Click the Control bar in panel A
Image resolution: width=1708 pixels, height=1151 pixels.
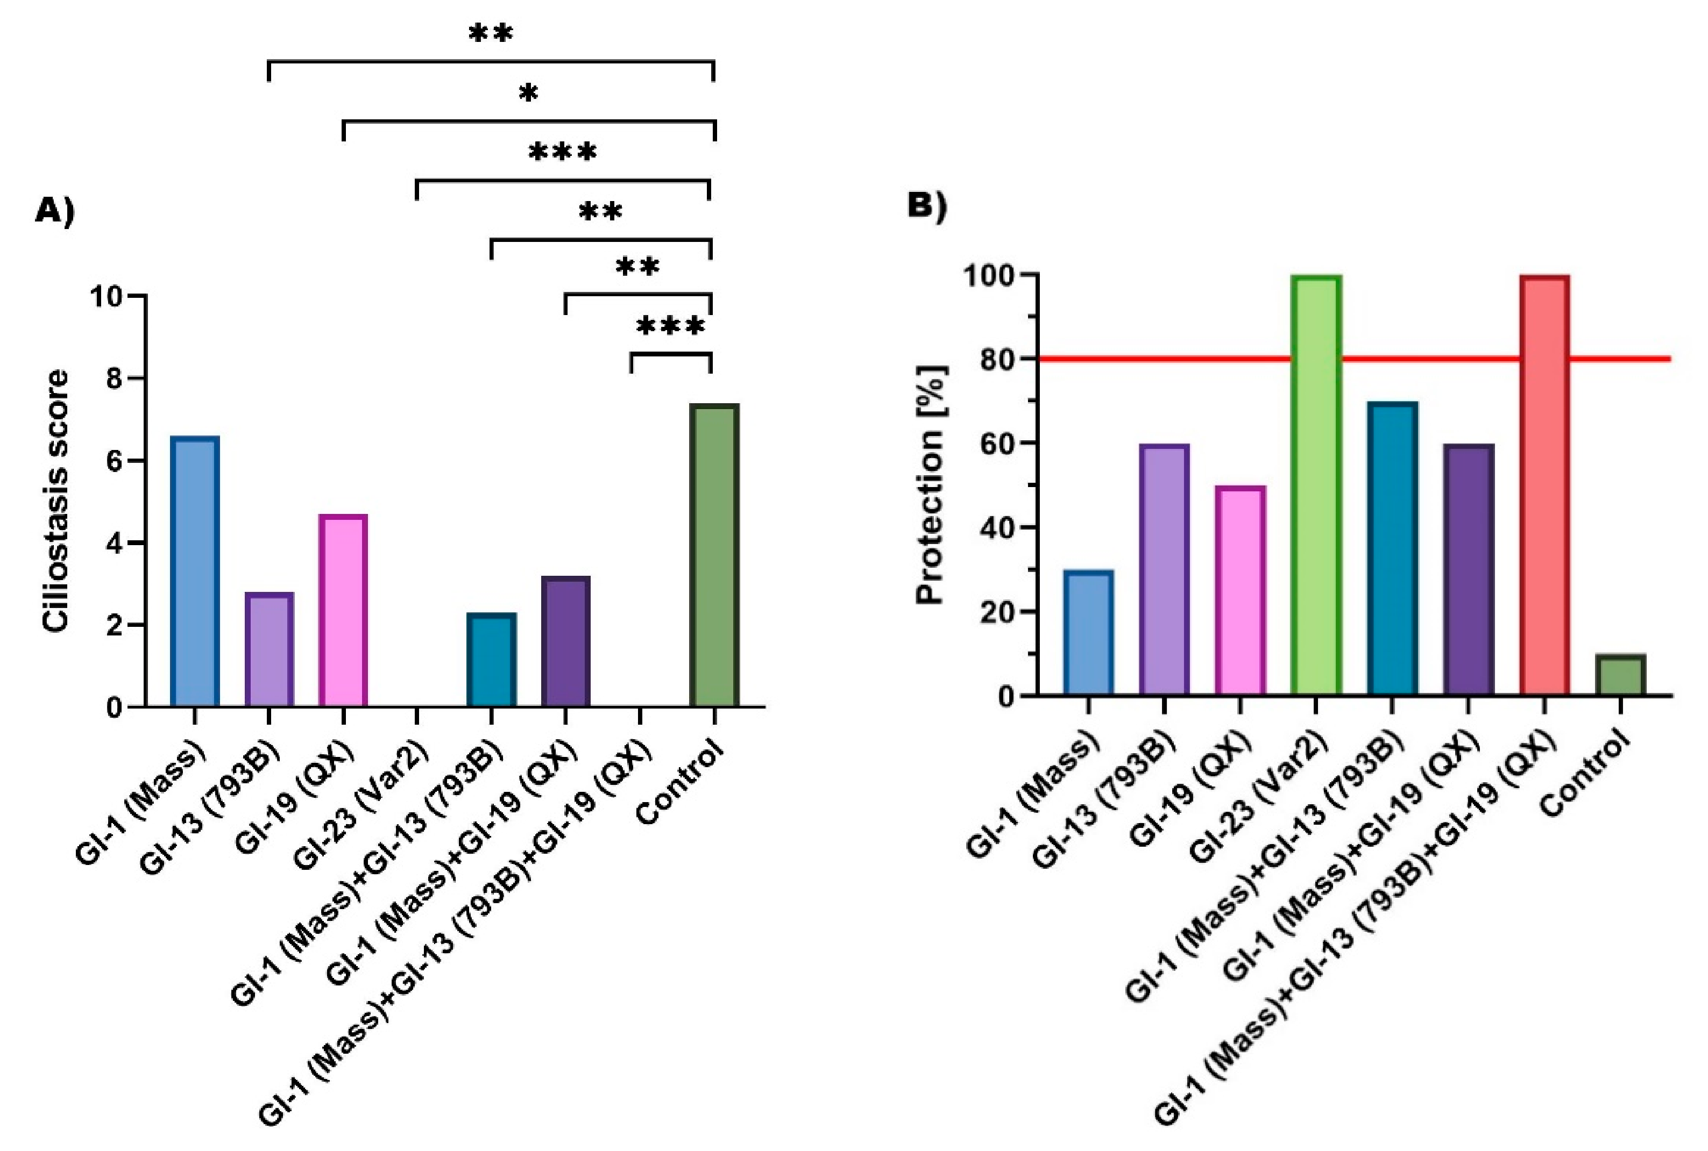714,556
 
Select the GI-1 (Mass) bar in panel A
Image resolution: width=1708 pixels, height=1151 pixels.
195,572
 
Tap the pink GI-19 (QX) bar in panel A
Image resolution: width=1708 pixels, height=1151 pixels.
343,611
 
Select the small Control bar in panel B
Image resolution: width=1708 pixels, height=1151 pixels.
1620,675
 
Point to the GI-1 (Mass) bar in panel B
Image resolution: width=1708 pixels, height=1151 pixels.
1088,633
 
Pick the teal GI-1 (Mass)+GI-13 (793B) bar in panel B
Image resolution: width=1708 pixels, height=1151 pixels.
1392,548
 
